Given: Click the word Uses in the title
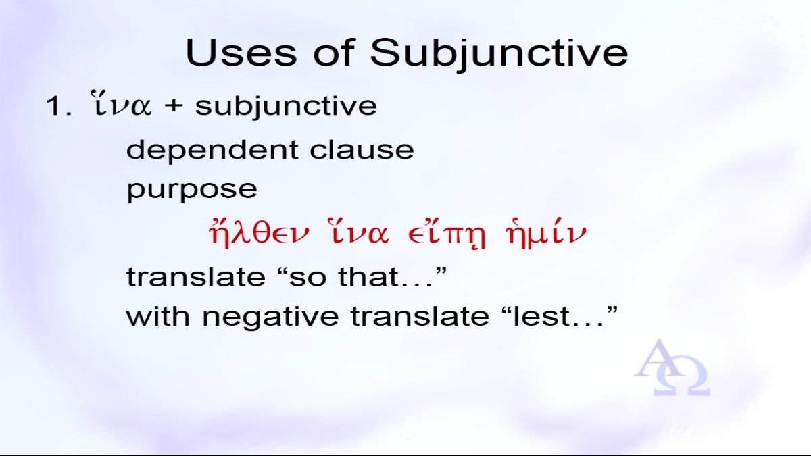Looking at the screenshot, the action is point(241,53).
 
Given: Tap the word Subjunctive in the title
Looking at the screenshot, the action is point(499,54).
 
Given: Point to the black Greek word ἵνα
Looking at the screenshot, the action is point(121,103).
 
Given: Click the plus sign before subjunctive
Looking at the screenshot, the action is point(174,107).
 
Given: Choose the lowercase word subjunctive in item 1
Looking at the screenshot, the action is point(286,107).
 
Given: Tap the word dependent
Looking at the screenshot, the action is point(212,150).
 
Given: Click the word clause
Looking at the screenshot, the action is point(362,149).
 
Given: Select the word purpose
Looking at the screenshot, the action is point(192,190).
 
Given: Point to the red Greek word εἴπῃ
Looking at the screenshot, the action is point(447,234).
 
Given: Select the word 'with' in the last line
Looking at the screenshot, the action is point(158,315).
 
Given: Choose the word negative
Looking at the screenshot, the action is point(270,318).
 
